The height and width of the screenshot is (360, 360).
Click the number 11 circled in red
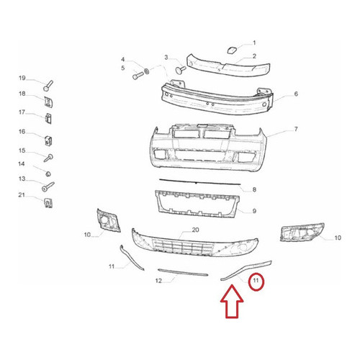[x=256, y=280]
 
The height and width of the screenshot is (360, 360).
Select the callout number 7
[x=296, y=129]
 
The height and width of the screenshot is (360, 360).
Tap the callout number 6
[x=296, y=94]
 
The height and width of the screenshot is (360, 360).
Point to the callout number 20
[x=196, y=230]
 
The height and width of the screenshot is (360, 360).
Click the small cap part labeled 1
[x=232, y=50]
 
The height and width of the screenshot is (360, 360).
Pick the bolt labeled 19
[x=48, y=86]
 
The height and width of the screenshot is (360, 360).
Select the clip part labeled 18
[x=48, y=102]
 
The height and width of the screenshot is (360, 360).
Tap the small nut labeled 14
[x=48, y=174]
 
